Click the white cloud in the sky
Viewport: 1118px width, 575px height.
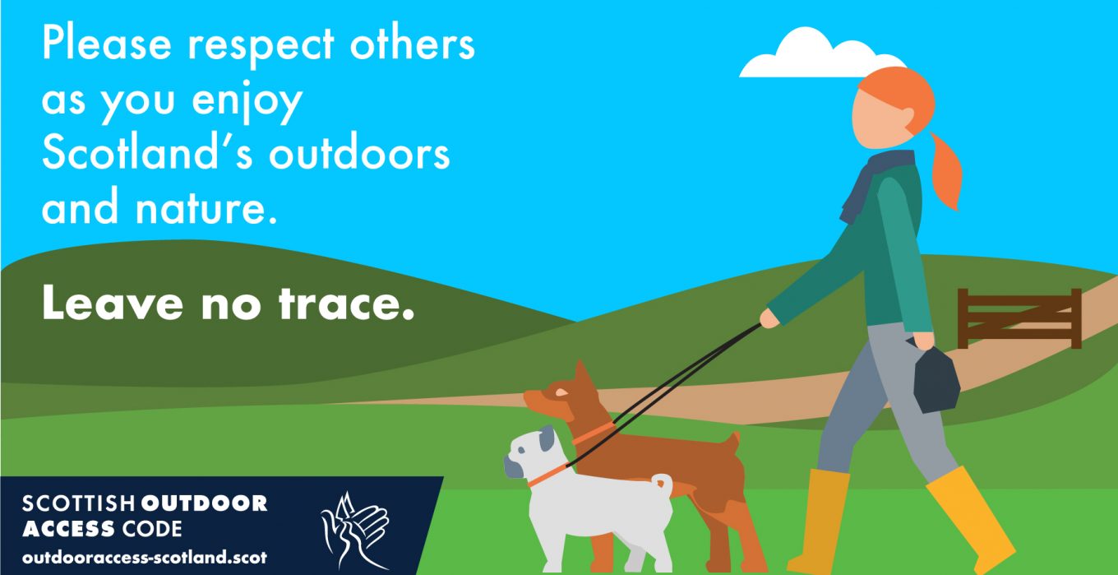click(x=819, y=55)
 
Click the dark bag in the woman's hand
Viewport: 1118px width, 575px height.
click(x=936, y=381)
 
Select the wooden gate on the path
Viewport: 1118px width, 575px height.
click(x=1019, y=318)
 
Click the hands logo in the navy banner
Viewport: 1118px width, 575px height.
click(x=355, y=531)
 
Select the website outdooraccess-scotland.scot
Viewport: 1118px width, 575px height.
click(x=145, y=558)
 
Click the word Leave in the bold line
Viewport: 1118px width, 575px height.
click(x=113, y=304)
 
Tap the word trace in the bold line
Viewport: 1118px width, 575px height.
click(x=346, y=304)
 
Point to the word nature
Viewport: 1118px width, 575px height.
click(x=206, y=206)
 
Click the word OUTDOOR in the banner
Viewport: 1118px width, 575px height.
click(x=204, y=503)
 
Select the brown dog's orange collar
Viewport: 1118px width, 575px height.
click(x=594, y=434)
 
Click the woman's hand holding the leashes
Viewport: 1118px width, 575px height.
click(x=769, y=318)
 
